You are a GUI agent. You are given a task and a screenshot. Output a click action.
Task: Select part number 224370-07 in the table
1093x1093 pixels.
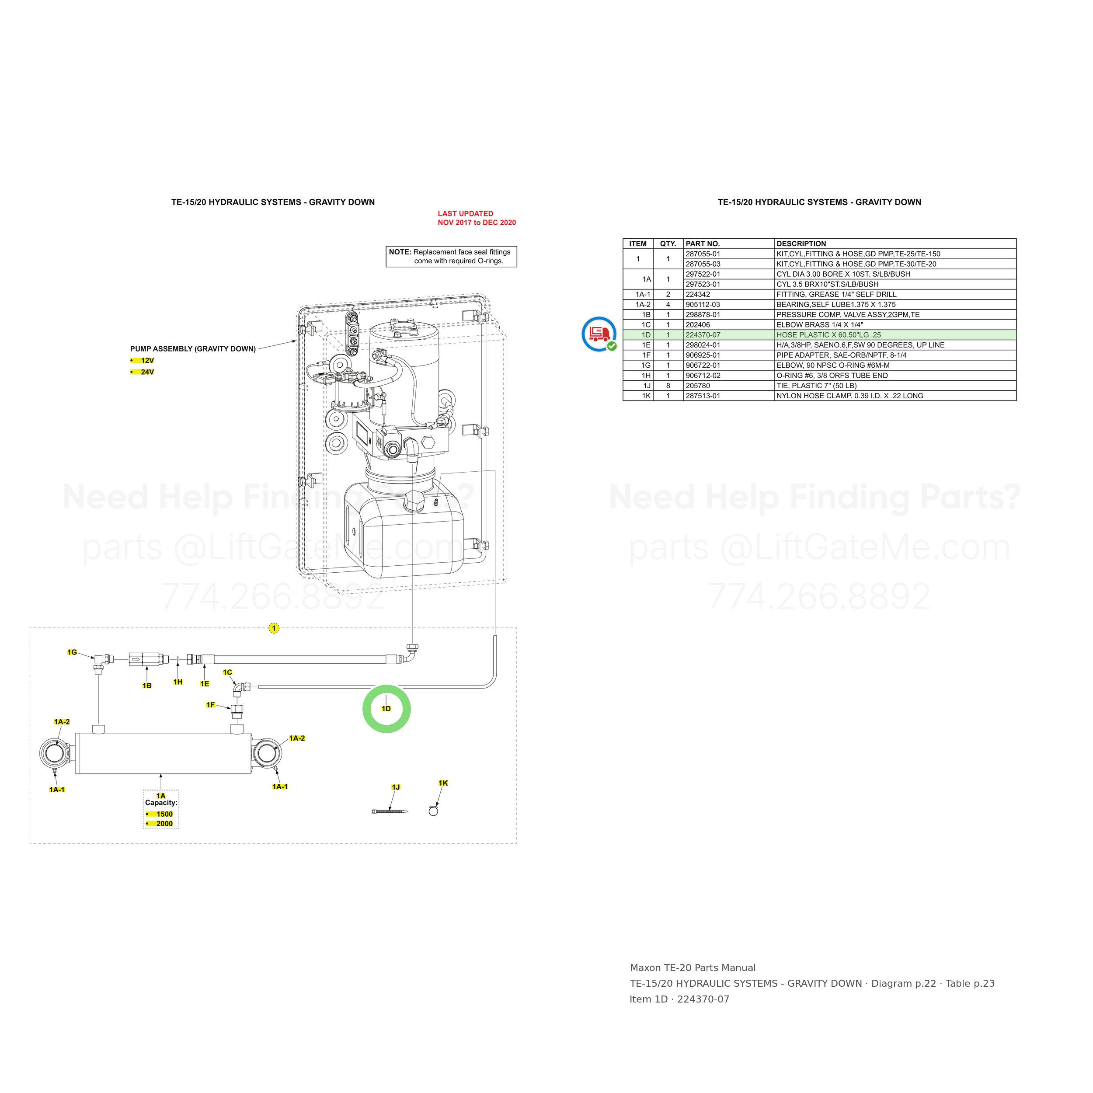coord(703,335)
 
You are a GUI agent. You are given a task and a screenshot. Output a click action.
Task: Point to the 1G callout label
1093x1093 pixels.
coord(72,652)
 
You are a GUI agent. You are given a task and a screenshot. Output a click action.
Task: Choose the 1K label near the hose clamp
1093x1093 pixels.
coord(443,783)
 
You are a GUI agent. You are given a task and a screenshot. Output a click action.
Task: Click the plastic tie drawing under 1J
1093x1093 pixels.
coord(390,812)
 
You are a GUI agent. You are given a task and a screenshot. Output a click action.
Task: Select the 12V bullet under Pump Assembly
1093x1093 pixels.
coord(143,360)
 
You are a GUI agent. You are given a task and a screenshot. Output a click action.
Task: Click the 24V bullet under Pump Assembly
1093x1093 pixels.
coord(143,372)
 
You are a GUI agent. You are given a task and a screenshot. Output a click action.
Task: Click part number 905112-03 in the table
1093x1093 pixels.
coord(703,304)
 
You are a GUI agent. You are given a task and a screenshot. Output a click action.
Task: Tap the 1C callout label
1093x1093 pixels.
coord(227,672)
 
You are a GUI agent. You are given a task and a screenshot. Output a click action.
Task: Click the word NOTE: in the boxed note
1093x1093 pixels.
coord(400,252)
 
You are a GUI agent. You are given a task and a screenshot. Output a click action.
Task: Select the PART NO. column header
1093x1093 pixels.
coord(703,244)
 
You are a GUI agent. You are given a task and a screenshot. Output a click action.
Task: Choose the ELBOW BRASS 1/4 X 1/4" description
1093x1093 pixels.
coord(820,325)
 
